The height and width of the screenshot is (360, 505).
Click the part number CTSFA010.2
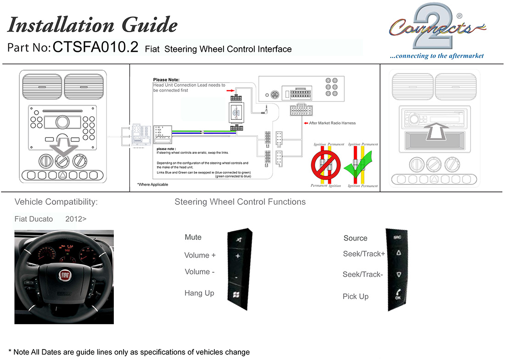pos(95,47)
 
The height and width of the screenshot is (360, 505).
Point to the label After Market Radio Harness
pos(332,123)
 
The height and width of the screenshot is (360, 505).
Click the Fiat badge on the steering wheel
pos(64,276)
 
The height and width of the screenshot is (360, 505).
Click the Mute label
pos(193,237)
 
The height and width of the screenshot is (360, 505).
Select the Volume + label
pos(200,255)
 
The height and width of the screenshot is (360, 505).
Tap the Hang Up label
pos(199,293)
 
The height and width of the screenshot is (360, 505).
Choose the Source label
pos(355,238)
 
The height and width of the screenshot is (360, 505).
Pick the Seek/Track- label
pos(363,275)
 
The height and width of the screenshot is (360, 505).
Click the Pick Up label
pos(355,297)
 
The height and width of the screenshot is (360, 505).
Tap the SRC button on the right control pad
pos(397,237)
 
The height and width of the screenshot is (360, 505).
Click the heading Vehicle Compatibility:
pos(56,202)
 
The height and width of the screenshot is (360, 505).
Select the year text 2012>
pos(76,219)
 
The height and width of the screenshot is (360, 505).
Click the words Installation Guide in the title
pos(92,25)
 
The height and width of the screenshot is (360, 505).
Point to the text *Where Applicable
pos(152,185)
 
